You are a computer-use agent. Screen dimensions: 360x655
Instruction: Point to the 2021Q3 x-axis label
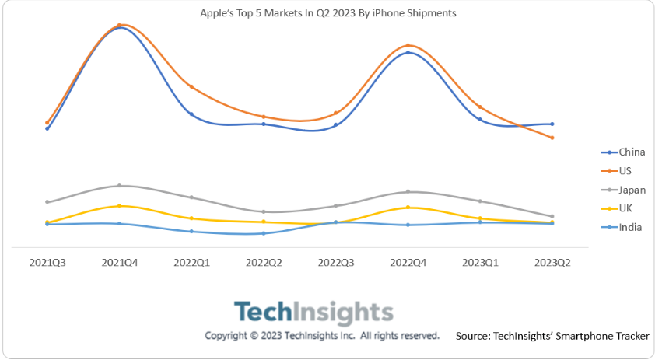click(47, 263)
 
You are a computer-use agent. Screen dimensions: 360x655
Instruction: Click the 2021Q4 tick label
click(120, 263)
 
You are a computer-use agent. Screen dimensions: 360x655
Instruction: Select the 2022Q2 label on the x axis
click(264, 263)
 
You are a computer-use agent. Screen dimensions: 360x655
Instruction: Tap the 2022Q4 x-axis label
click(408, 263)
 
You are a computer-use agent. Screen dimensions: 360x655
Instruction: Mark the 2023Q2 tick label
click(552, 263)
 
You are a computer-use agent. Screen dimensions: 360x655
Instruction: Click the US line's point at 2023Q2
click(552, 138)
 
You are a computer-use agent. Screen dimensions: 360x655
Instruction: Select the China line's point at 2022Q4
click(408, 52)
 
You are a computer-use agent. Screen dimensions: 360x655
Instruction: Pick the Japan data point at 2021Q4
click(120, 186)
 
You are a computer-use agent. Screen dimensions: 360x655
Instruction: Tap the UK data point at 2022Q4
click(408, 208)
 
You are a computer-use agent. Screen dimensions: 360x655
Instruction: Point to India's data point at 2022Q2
click(264, 233)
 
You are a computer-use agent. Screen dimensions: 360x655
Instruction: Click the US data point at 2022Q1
click(191, 86)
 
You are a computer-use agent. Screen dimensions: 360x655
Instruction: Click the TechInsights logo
click(313, 313)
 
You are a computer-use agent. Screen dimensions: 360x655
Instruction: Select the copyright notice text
click(322, 336)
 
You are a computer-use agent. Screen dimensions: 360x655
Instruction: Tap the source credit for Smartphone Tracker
click(552, 336)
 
